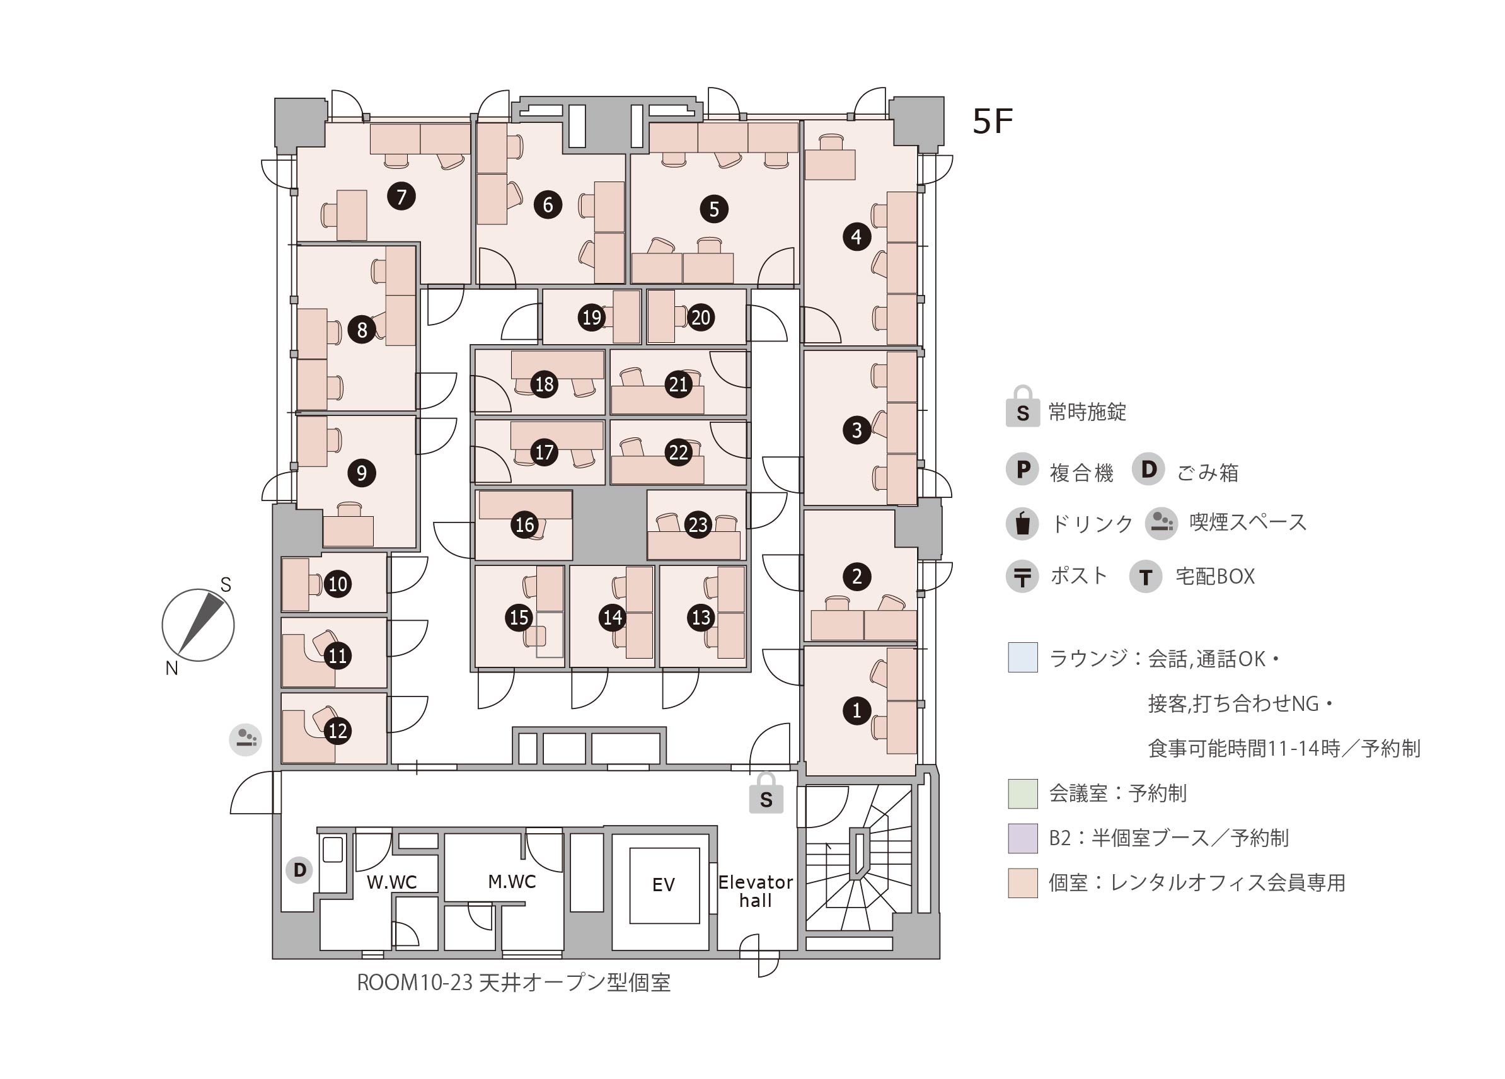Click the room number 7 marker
coord(401,197)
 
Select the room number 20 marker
coord(701,317)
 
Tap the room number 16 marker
coord(524,525)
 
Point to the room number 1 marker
coord(856,711)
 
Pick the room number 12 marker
coord(338,730)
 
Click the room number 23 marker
coord(698,525)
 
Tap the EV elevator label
coord(664,885)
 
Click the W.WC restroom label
coord(392,882)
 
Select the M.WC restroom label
coord(512,881)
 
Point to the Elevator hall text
coord(755,891)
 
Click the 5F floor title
coord(993,121)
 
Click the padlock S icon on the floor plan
coord(766,793)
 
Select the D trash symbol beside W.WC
coord(299,869)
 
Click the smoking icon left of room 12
coord(246,739)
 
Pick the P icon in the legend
coord(1023,469)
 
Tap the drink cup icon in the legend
coord(1023,523)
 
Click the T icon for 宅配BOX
coord(1145,576)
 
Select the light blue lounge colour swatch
coord(1023,657)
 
